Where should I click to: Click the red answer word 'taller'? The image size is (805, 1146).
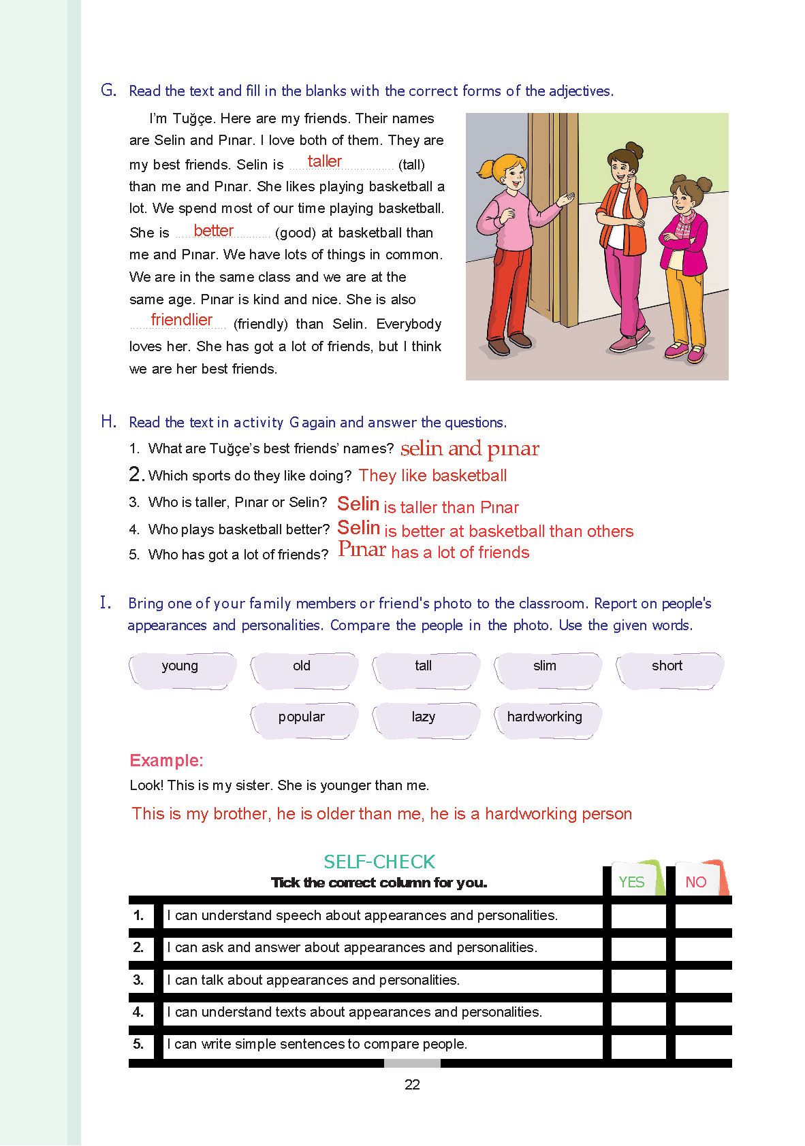point(324,161)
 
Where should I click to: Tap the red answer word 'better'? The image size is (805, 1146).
point(213,231)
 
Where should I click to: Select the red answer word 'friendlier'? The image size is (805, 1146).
point(181,320)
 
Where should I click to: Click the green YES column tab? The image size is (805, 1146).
point(633,881)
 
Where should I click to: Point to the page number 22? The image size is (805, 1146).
point(412,1085)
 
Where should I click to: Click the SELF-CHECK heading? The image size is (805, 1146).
point(379,862)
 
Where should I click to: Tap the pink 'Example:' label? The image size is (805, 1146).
point(166,760)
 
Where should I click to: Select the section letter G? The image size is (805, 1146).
point(108,90)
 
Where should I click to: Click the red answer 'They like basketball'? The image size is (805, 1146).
point(432,476)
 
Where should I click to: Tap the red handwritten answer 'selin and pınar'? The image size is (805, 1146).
point(470,449)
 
